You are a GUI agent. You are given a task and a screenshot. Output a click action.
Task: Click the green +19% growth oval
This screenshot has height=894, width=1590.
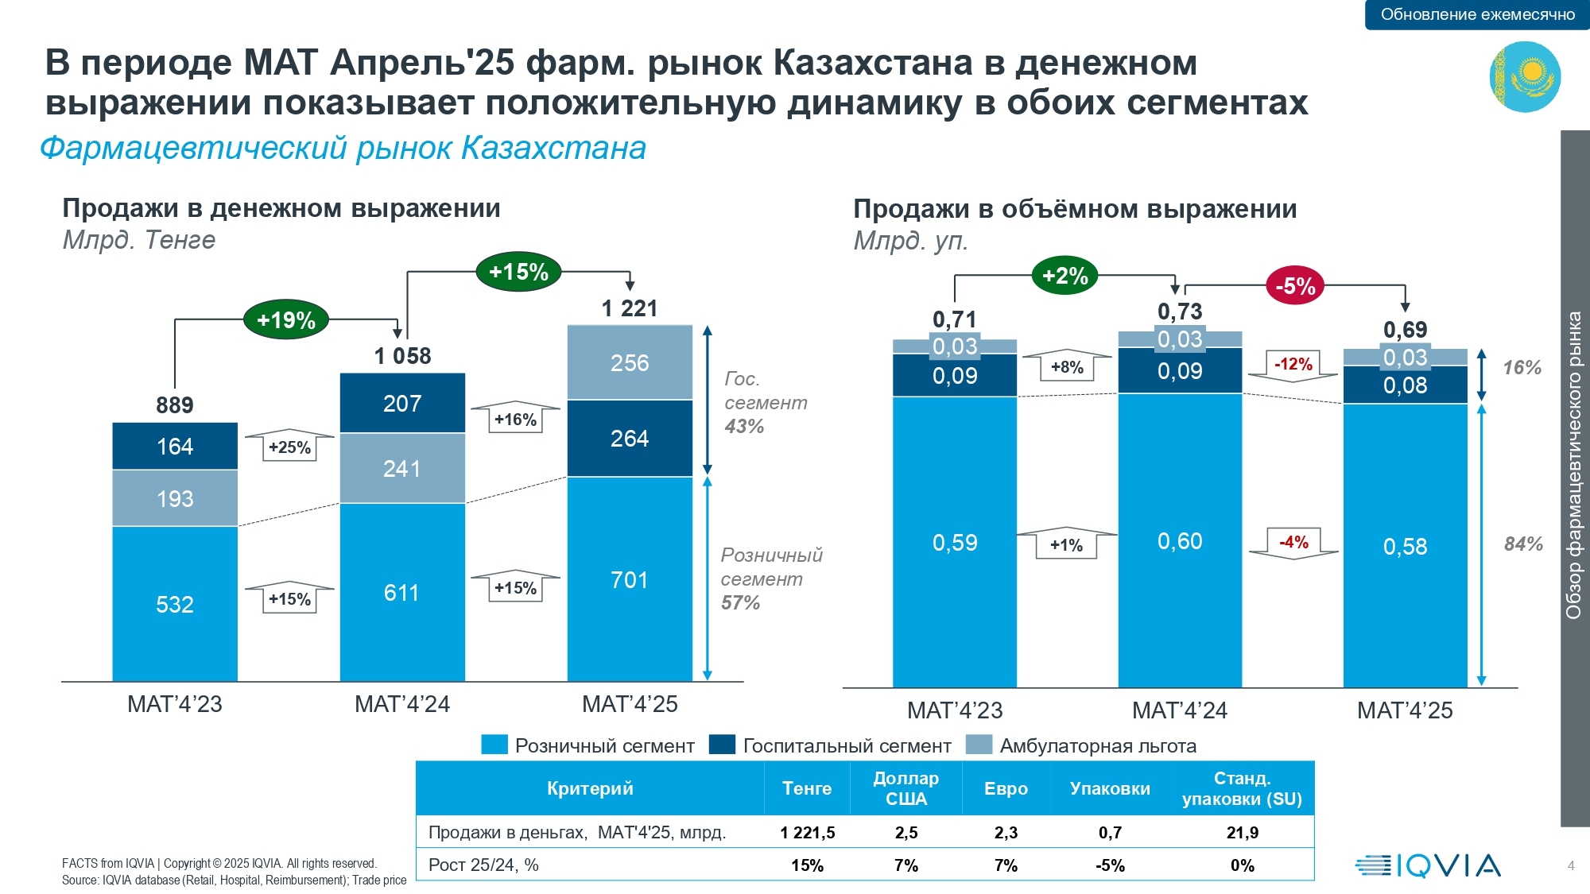[x=286, y=320]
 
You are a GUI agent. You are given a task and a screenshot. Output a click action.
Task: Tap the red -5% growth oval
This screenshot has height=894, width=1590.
[x=1295, y=286]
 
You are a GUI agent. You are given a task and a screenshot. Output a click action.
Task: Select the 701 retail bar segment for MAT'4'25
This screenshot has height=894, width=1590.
[x=630, y=579]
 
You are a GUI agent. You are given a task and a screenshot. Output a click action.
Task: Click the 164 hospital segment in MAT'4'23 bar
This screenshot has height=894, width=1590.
[x=175, y=446]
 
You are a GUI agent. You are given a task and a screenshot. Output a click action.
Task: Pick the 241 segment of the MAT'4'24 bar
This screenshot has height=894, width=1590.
[x=402, y=468]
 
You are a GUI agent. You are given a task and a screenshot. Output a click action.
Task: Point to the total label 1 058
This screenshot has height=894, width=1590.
[x=402, y=356]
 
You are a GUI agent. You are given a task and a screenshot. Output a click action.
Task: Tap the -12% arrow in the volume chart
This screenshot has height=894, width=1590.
[x=1293, y=365]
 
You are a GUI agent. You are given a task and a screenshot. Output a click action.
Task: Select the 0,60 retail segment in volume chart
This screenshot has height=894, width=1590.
[x=1180, y=541]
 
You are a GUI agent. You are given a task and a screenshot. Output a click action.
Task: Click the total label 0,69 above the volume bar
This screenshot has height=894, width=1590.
[x=1405, y=329]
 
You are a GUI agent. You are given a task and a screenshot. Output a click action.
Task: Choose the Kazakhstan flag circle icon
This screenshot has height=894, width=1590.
[x=1525, y=76]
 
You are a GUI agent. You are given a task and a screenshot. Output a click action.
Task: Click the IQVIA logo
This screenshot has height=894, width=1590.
[x=1428, y=865]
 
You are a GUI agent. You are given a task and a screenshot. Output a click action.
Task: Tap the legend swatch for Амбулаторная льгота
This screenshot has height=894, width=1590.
[x=979, y=745]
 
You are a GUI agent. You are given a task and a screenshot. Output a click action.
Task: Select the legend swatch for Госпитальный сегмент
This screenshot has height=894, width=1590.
[x=722, y=745]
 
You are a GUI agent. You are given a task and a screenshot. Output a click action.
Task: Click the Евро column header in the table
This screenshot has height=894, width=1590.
[x=1006, y=788]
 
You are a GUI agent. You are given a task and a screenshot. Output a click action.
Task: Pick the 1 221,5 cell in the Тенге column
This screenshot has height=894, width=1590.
[x=807, y=832]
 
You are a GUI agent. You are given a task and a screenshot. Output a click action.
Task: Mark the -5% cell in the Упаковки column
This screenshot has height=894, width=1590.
[x=1110, y=865]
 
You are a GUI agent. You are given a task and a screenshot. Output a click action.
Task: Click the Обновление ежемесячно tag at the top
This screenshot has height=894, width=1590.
[x=1477, y=14]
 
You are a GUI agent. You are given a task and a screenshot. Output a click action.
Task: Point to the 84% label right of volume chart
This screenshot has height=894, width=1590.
[x=1522, y=544]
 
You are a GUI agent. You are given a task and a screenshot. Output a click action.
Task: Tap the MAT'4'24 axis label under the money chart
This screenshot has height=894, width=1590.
[x=402, y=704]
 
